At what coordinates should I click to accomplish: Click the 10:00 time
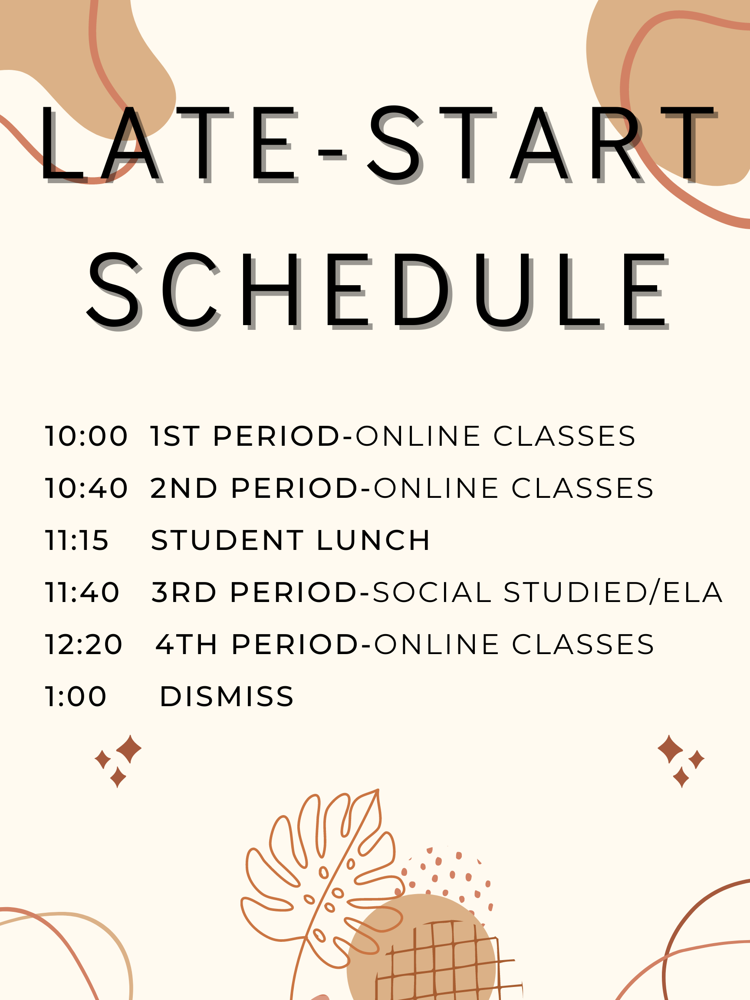click(x=86, y=436)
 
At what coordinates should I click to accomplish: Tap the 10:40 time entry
click(x=86, y=488)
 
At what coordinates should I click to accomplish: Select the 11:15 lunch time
click(x=77, y=540)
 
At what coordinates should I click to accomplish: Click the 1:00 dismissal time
click(x=76, y=696)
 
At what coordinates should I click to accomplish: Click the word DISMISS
click(x=227, y=696)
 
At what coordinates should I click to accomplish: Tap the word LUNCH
click(x=373, y=540)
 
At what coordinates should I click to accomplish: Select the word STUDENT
click(x=227, y=540)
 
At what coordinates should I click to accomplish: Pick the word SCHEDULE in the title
click(x=378, y=290)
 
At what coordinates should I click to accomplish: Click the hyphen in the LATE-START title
click(x=332, y=155)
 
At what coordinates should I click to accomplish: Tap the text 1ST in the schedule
click(x=174, y=436)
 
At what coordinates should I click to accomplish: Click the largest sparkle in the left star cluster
click(x=129, y=749)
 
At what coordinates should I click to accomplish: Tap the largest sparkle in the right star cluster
click(x=670, y=749)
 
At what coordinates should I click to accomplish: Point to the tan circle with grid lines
click(x=421, y=949)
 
